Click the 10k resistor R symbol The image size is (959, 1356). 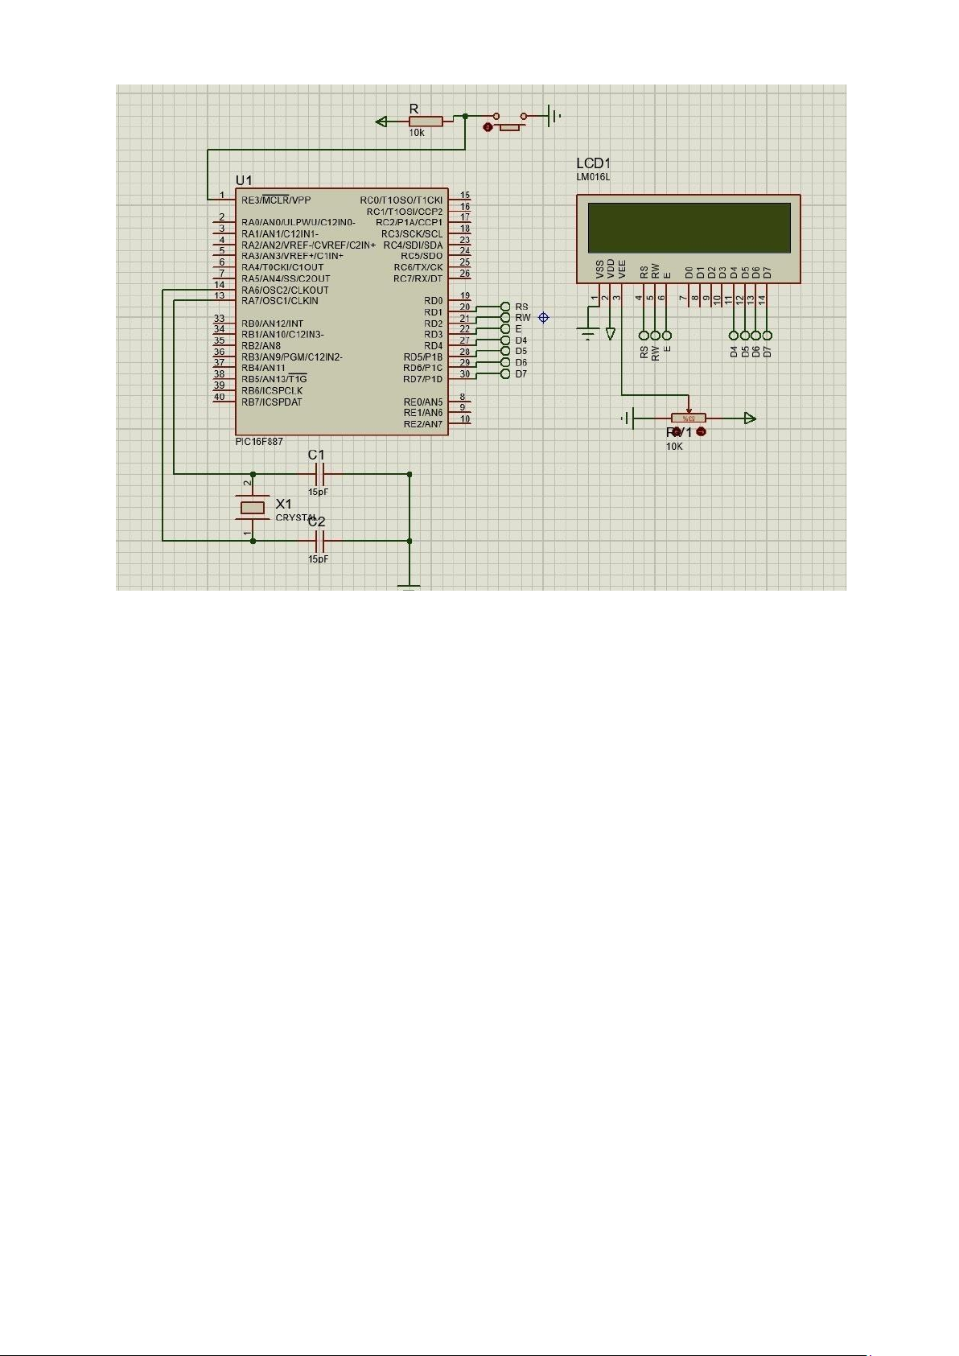426,122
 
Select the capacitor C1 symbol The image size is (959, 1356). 317,474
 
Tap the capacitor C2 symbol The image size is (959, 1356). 317,541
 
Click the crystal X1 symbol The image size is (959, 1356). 253,507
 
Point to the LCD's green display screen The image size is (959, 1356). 689,228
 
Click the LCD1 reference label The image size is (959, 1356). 594,164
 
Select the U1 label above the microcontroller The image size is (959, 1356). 244,179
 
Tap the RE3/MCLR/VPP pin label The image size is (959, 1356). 276,200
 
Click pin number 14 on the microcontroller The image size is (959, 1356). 219,285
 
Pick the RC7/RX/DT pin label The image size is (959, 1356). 418,278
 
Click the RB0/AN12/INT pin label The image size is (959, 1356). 273,324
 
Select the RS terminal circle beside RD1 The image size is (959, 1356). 505,307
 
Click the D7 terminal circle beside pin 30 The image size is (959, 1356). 505,374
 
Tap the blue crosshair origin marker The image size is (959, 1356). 544,318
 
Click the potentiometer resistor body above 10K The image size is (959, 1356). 689,418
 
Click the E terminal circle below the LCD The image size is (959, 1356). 666,336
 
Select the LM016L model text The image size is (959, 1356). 594,177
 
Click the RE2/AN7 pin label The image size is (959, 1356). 423,424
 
